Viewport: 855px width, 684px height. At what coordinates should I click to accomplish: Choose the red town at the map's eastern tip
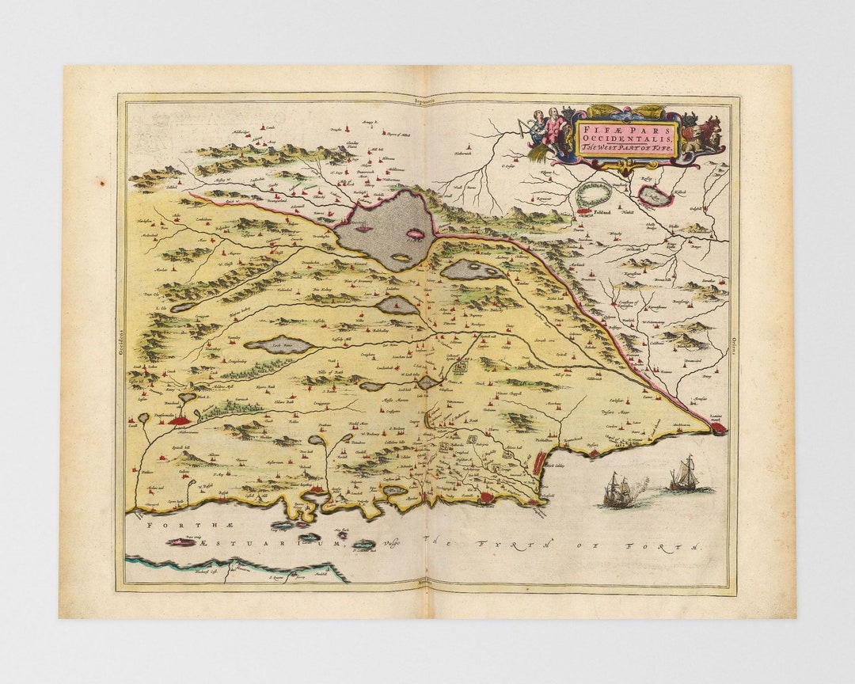tap(719, 428)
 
